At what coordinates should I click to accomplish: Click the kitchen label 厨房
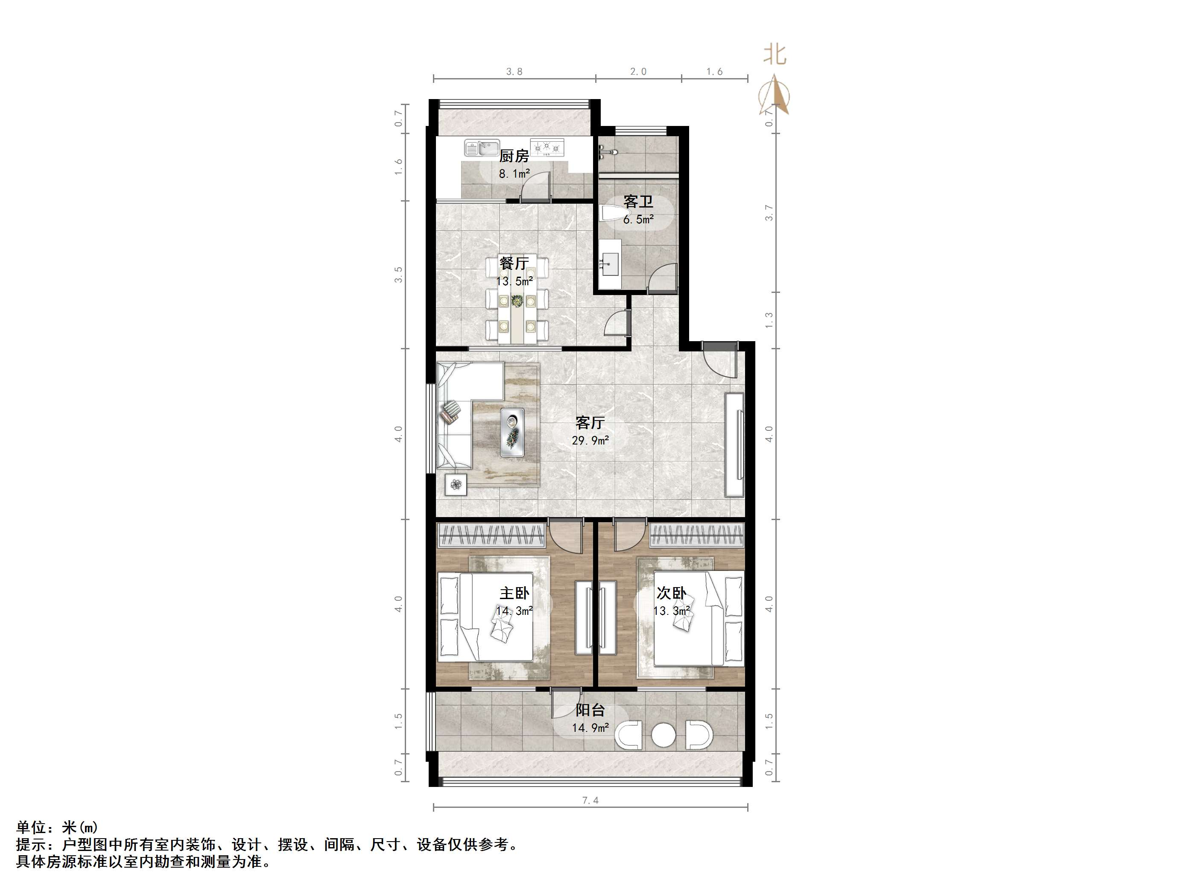point(514,156)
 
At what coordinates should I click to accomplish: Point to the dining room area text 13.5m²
point(514,281)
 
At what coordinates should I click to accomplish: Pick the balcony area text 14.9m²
point(590,728)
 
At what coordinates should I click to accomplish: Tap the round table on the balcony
point(663,735)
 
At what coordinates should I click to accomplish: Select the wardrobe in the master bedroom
point(491,535)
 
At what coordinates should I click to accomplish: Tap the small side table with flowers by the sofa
point(456,484)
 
